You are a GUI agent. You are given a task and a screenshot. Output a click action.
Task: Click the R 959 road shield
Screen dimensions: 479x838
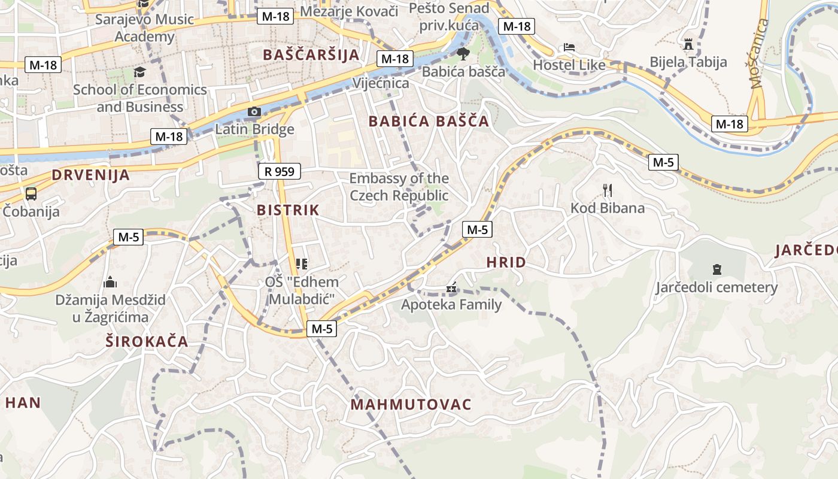click(x=280, y=172)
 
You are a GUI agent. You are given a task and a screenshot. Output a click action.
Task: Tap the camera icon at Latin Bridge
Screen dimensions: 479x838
click(x=254, y=112)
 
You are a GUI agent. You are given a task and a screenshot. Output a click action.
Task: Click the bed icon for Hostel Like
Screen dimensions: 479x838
click(x=569, y=47)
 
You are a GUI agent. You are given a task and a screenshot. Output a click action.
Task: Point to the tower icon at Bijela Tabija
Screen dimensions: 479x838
click(x=688, y=44)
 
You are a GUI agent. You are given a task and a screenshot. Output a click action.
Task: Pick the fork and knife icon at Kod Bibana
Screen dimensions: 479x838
click(x=608, y=191)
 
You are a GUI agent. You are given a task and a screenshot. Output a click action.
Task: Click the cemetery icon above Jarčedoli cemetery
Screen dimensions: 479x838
click(x=716, y=269)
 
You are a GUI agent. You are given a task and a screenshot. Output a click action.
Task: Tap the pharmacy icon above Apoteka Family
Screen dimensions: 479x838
click(x=451, y=288)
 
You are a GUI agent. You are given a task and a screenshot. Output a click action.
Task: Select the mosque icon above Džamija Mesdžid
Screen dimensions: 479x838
click(x=110, y=282)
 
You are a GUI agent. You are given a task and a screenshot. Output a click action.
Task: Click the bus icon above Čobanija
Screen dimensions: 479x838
click(x=31, y=194)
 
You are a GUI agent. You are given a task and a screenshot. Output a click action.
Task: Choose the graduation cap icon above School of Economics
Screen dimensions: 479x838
click(x=139, y=72)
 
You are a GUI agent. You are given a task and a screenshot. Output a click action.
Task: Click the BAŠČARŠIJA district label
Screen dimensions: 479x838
click(x=311, y=55)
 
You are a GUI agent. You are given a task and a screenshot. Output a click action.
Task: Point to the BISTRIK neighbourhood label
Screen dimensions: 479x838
click(x=288, y=210)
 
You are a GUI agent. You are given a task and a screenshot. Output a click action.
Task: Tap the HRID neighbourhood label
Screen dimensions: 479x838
click(x=506, y=262)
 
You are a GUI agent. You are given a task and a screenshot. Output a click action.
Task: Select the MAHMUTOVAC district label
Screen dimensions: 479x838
click(x=411, y=405)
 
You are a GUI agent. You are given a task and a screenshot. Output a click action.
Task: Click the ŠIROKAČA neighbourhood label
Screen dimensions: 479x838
click(x=147, y=342)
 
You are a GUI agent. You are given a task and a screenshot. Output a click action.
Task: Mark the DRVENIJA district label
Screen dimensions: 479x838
click(x=90, y=175)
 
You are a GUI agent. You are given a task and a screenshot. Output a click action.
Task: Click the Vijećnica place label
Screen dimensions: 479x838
click(x=381, y=83)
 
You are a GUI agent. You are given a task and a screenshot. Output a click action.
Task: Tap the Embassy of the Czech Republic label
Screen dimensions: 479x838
click(x=399, y=187)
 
